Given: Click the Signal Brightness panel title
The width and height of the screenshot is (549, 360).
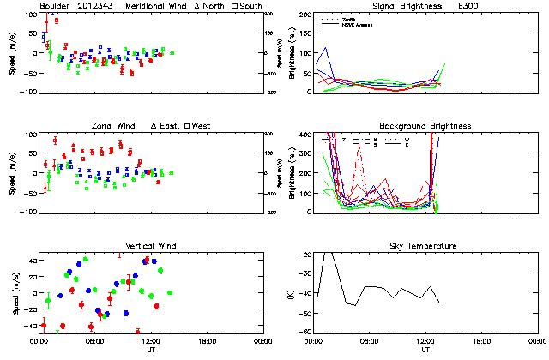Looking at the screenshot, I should click(406, 6).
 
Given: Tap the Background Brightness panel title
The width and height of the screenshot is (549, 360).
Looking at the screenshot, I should click(425, 126).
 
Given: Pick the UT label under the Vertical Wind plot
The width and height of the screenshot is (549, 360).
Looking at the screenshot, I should click(151, 350).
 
